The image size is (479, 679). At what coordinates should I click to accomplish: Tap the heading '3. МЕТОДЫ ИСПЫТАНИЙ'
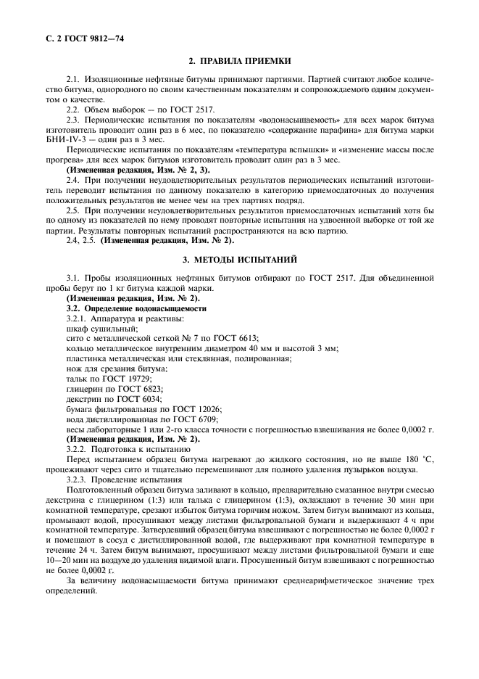[x=239, y=259]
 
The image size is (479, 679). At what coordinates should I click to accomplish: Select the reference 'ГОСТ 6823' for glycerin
[x=138, y=389]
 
